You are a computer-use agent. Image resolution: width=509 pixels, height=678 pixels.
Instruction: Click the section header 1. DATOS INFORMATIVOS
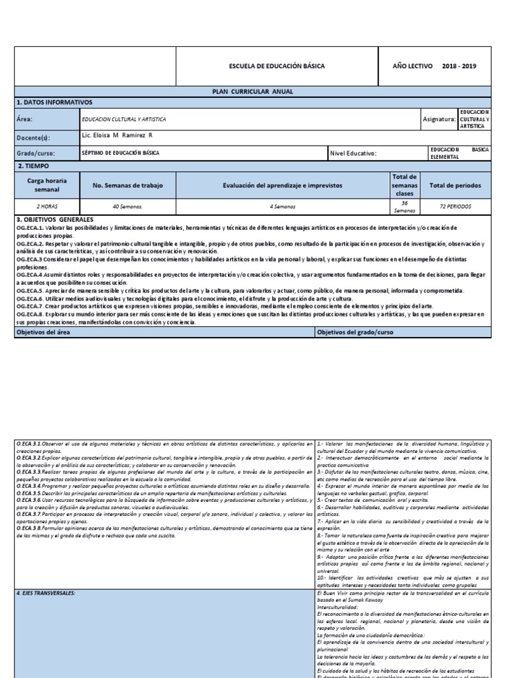pyautogui.click(x=54, y=103)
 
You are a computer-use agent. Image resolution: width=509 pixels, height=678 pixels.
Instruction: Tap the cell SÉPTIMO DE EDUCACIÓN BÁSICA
pyautogui.click(x=120, y=153)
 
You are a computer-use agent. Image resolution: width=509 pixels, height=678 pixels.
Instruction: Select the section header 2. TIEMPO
pyautogui.click(x=34, y=166)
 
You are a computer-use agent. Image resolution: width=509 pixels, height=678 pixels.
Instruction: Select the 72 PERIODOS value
pyautogui.click(x=455, y=206)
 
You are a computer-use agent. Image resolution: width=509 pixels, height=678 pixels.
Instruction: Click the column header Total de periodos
pyautogui.click(x=455, y=185)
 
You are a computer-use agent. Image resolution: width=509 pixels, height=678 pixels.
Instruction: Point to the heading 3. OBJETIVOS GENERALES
pyautogui.click(x=54, y=219)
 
